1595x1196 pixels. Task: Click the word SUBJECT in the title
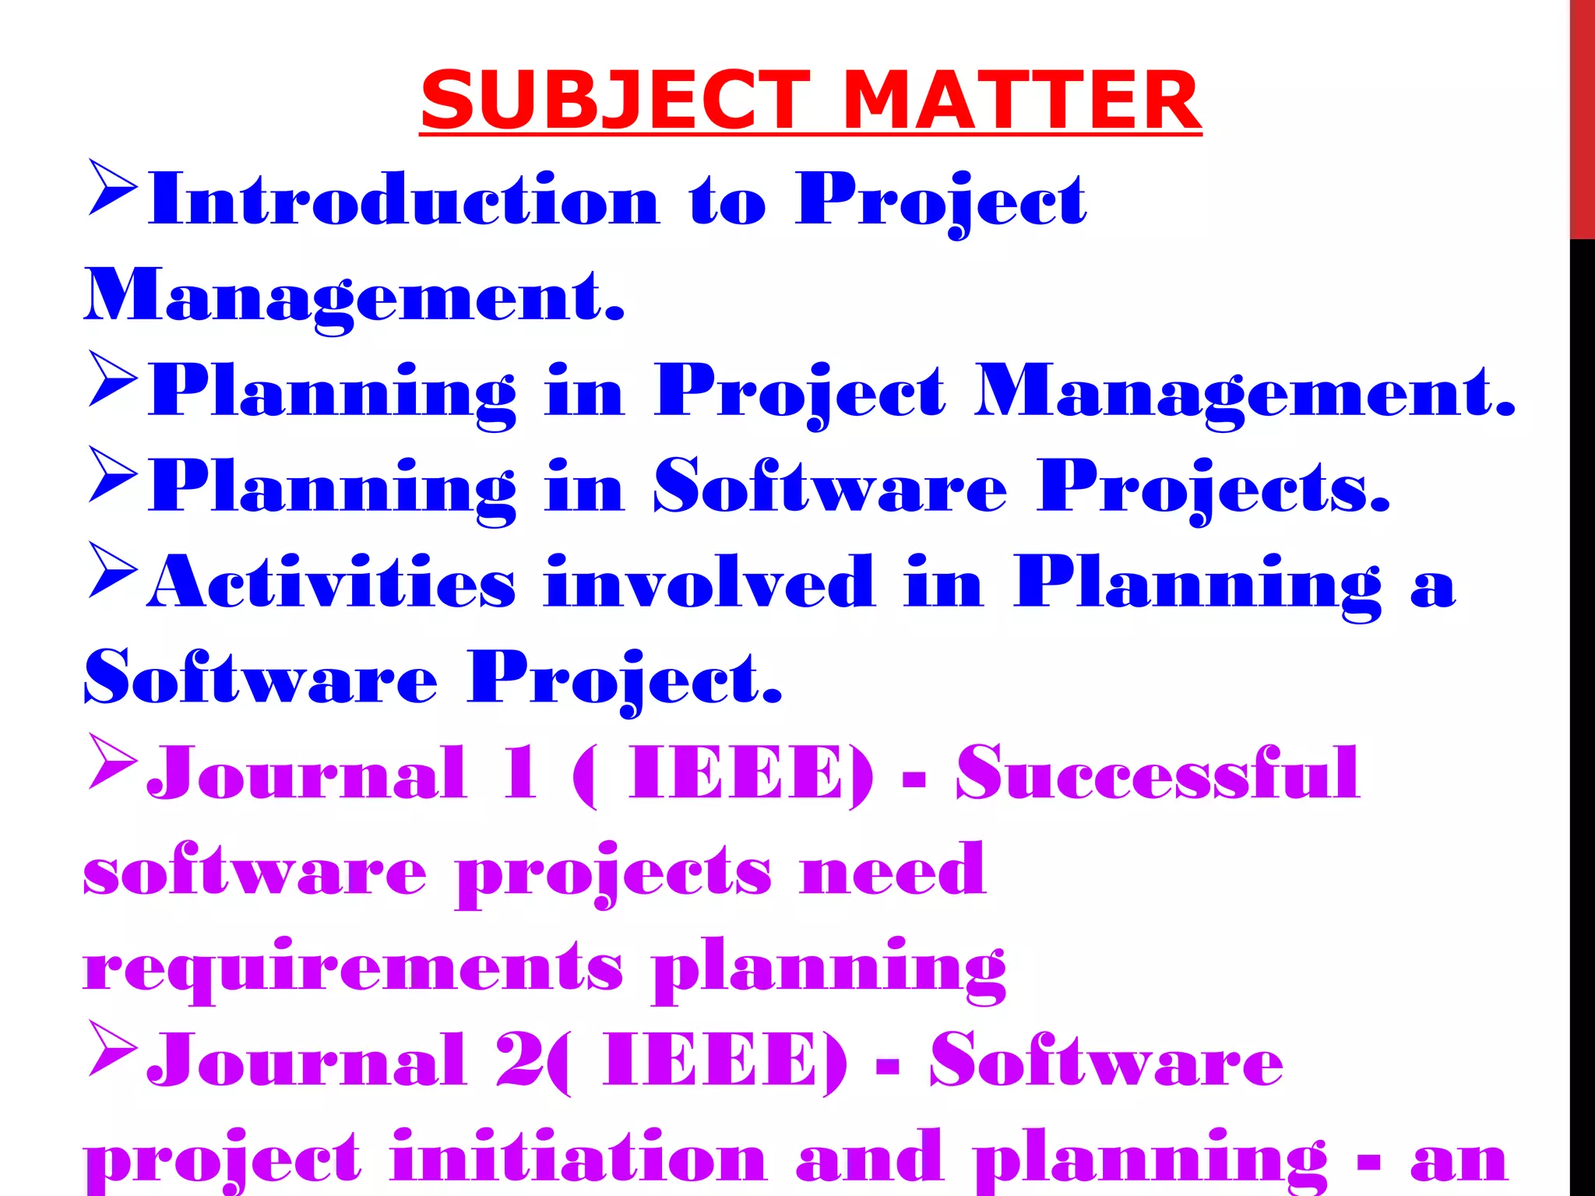coord(615,101)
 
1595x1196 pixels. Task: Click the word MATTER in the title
coord(1021,101)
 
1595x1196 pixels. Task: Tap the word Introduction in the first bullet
coord(404,199)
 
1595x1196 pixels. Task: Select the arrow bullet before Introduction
coord(113,188)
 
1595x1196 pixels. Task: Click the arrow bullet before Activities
coord(113,571)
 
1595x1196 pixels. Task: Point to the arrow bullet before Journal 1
coord(113,762)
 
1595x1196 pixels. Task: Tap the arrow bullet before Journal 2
coord(113,1048)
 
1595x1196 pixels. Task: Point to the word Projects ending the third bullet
coord(1213,487)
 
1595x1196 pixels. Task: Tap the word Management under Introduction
coord(354,296)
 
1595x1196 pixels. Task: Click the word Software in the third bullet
coord(830,486)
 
